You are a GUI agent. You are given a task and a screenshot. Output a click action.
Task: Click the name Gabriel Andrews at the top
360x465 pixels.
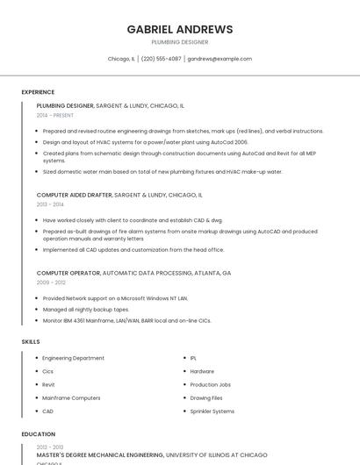point(180,29)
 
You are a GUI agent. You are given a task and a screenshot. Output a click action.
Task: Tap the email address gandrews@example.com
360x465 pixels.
point(220,59)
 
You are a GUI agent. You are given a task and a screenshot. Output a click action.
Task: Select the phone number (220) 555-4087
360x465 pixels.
point(161,59)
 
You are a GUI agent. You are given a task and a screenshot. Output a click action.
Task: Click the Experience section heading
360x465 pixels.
point(38,92)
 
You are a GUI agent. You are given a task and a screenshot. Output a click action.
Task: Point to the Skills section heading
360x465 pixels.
point(31,341)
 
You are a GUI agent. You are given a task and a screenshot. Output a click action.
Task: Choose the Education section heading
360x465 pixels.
point(38,434)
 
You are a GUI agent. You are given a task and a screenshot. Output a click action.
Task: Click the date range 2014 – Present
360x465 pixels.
point(55,115)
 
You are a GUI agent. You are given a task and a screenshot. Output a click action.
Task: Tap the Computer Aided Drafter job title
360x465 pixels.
point(75,195)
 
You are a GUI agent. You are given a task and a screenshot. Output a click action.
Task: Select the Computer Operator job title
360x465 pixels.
point(68,273)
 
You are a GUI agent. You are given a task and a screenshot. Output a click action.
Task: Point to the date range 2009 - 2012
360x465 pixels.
point(51,283)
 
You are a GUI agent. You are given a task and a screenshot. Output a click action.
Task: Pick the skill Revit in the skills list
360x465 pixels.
point(48,384)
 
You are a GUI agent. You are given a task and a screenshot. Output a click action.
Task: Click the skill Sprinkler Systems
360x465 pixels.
point(212,411)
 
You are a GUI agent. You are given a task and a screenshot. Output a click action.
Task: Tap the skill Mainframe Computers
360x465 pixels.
point(71,397)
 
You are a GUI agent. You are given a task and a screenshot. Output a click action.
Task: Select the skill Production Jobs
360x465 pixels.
point(210,384)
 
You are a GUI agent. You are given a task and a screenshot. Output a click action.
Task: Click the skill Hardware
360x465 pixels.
point(202,371)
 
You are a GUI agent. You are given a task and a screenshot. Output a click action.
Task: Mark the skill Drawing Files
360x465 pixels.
point(206,397)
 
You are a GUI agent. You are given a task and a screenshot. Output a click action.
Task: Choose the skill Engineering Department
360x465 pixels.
point(73,358)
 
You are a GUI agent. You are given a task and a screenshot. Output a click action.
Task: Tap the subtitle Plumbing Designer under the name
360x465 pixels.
point(180,41)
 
